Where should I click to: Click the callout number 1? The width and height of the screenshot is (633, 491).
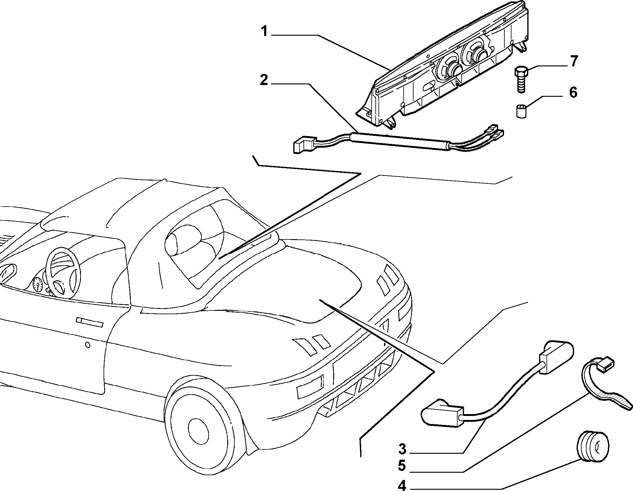point(264,32)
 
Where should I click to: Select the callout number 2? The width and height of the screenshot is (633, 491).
point(264,80)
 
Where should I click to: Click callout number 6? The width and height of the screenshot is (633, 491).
point(573,92)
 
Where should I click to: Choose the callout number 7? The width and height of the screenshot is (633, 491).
point(574,61)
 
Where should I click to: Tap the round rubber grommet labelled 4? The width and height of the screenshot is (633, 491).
point(592,447)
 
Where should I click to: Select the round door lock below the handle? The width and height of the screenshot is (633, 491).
point(88,345)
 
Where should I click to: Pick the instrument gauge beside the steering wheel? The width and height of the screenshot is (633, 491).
point(38,284)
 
